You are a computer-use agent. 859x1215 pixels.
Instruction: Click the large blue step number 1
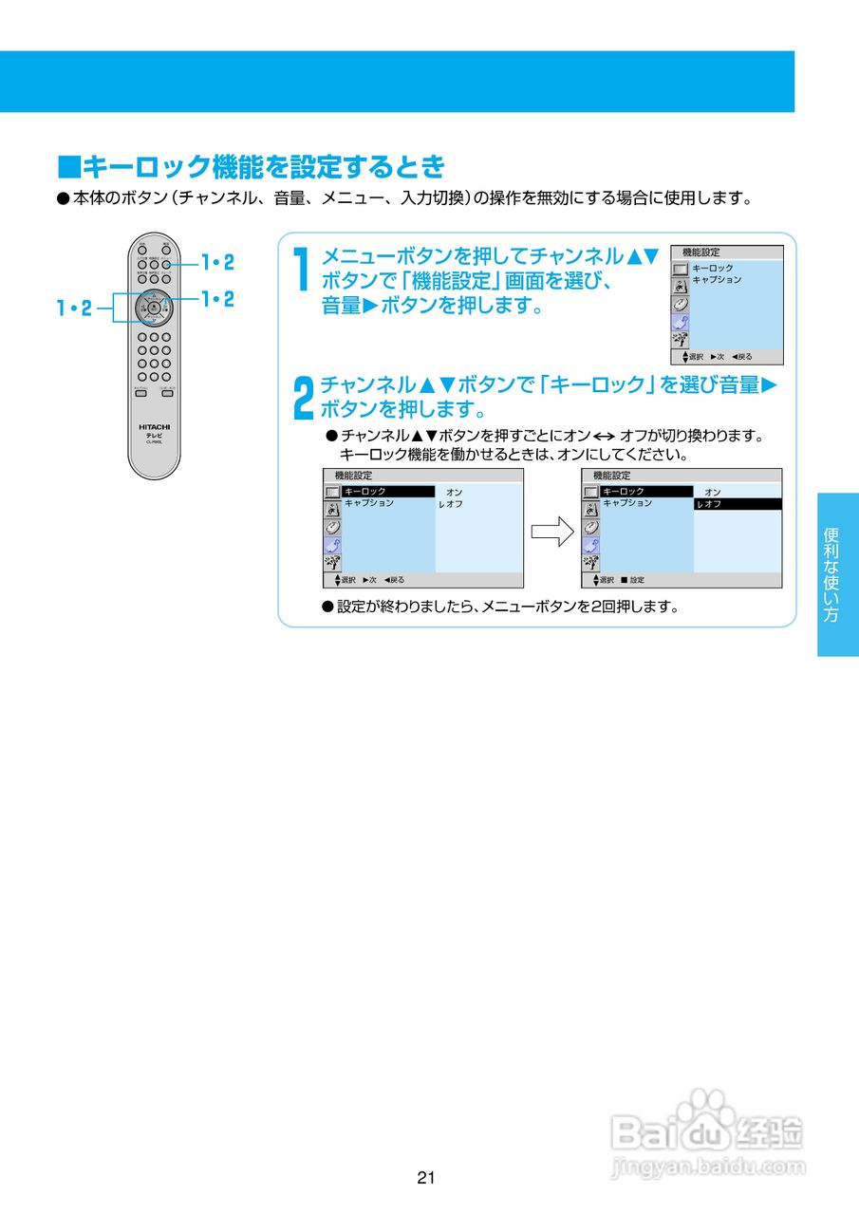point(301,271)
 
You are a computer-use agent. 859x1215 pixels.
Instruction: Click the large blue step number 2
point(301,397)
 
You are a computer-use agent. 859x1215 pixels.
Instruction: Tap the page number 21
point(425,1178)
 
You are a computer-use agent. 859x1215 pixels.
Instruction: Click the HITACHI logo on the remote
point(154,427)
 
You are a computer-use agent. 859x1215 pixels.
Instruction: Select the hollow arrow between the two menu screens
point(551,532)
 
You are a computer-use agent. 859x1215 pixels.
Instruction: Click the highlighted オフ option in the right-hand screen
point(738,504)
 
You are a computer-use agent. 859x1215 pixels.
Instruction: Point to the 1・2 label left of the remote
point(73,308)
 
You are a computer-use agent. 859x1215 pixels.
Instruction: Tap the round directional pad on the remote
point(153,307)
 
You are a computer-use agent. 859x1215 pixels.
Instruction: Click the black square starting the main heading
point(69,168)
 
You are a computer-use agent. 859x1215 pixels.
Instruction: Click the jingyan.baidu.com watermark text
point(708,1166)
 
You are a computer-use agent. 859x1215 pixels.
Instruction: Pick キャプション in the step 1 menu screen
point(717,280)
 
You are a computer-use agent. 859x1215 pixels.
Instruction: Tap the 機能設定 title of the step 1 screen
point(701,252)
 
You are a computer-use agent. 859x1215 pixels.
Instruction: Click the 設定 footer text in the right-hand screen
point(637,580)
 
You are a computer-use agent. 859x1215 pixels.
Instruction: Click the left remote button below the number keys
point(140,393)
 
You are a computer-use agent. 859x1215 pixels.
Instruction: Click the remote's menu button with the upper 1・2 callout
point(166,265)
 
